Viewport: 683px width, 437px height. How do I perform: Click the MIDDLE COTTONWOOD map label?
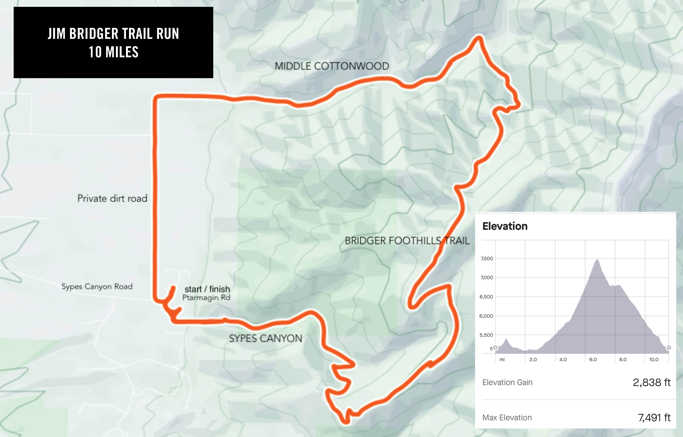[332, 66]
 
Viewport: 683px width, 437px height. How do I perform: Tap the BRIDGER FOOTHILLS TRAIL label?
[407, 241]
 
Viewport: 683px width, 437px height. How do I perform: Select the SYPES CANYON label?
[265, 338]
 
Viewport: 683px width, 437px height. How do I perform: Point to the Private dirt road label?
[112, 198]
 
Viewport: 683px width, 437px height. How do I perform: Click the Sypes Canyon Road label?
[97, 286]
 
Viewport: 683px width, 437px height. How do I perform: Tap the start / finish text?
[207, 289]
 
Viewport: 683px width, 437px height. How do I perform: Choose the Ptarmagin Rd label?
[206, 298]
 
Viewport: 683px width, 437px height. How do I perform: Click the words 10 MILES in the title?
[113, 52]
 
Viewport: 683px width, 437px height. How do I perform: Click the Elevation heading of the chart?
[505, 226]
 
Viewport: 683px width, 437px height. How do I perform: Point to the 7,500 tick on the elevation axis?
[487, 259]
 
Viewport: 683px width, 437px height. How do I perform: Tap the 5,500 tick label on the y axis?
[486, 335]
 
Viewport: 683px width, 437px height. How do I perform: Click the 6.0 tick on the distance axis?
[593, 360]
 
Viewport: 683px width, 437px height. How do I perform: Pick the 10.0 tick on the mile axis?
[653, 360]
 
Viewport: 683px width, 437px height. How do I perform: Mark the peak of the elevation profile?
[597, 259]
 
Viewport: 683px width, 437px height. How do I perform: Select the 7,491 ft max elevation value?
[654, 418]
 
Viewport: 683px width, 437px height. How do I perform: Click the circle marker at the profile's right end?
[669, 348]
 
